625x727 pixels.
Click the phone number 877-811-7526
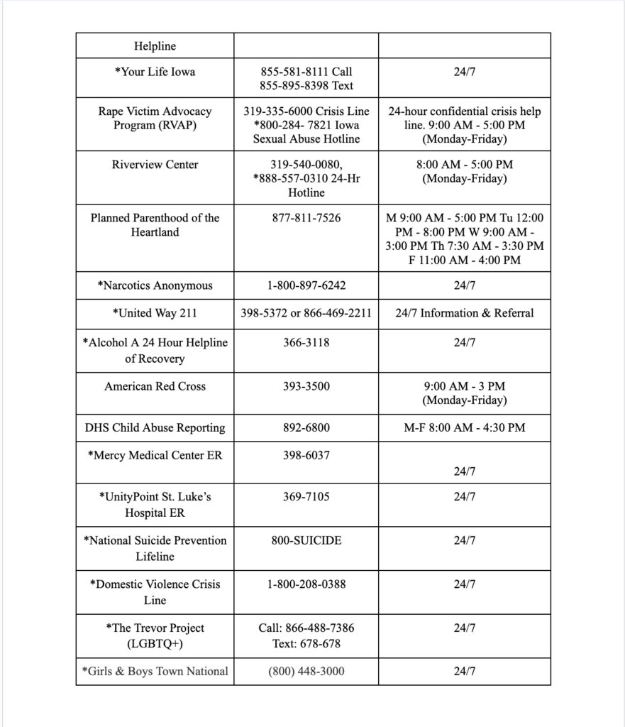[x=306, y=218]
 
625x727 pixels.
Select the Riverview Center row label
[x=155, y=165]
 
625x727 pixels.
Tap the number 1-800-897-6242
[x=306, y=285]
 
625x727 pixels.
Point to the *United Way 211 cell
[x=155, y=312]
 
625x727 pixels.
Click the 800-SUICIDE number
[x=306, y=540]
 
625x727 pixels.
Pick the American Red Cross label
[x=155, y=386]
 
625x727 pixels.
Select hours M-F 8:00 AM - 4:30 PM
[x=464, y=427]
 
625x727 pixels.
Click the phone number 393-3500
[x=306, y=386]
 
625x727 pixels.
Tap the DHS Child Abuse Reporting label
[x=155, y=427]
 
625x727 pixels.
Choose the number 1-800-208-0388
[x=306, y=584]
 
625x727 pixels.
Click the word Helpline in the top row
[x=155, y=46]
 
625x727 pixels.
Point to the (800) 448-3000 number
[x=306, y=671]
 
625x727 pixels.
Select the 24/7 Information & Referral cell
[x=464, y=312]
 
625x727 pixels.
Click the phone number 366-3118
[x=306, y=342]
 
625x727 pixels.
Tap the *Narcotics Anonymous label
[x=155, y=285]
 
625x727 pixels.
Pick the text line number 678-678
[x=306, y=644]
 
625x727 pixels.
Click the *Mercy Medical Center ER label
[x=155, y=455]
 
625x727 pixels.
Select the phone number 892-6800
[x=306, y=427]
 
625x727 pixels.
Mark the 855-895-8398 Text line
[x=306, y=86]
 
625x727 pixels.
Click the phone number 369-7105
[x=306, y=497]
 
